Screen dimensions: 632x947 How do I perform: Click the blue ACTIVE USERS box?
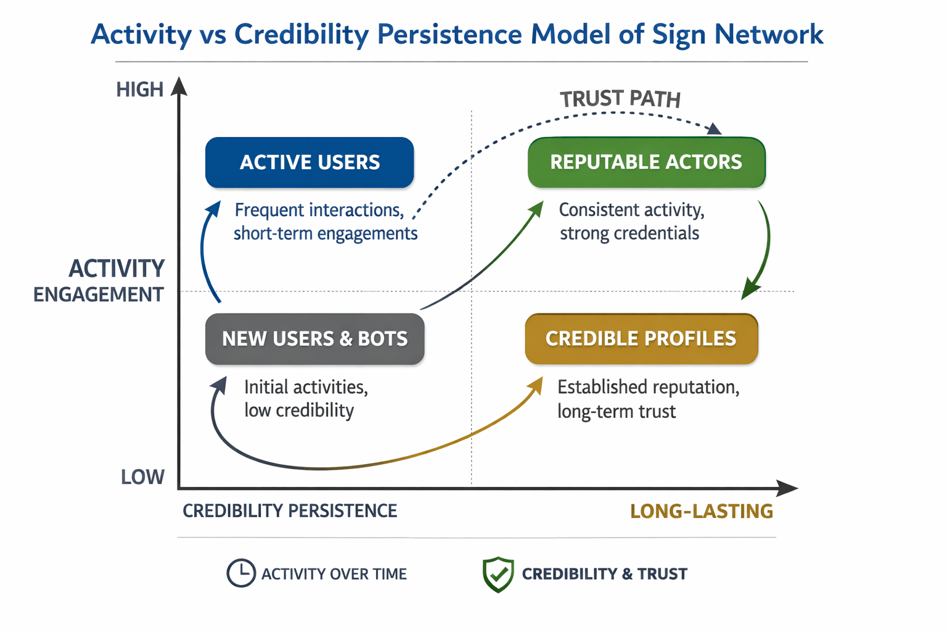pos(310,162)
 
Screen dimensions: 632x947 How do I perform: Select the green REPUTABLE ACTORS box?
pos(646,162)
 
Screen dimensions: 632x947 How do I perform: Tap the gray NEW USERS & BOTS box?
pos(314,339)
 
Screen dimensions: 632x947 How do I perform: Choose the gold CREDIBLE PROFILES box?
pos(641,339)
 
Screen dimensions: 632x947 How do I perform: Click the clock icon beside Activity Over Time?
pos(240,573)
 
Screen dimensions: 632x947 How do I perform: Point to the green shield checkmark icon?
pos(498,574)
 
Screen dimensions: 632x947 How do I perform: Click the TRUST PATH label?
pos(620,99)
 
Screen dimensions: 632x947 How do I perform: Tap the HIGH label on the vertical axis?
pos(140,90)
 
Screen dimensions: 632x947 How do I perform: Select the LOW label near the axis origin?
pos(142,477)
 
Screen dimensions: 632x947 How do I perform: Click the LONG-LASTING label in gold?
pos(702,511)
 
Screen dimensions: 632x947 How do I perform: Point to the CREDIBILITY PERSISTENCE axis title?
pos(290,511)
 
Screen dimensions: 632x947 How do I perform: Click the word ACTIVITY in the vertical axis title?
pos(117,269)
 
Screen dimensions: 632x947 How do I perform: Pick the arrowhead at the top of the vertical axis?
pos(179,86)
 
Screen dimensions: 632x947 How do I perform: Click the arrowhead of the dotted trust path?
pos(714,128)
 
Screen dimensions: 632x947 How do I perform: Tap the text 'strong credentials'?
pos(629,233)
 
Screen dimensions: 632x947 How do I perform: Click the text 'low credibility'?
pos(299,410)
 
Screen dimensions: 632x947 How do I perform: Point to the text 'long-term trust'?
pos(617,411)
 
